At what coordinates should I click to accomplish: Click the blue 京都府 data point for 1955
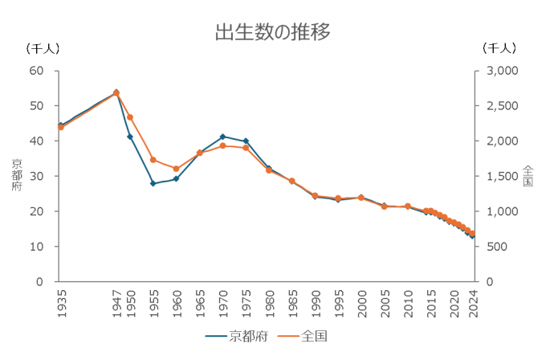(x=153, y=183)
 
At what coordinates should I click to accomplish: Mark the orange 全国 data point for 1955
(x=153, y=160)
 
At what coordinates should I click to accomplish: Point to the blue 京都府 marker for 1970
(x=222, y=137)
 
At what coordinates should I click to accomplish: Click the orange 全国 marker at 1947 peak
(x=116, y=93)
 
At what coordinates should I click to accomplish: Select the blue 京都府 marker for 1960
(x=176, y=178)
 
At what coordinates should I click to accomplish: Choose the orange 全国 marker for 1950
(x=130, y=117)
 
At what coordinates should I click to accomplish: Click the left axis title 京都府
(x=17, y=175)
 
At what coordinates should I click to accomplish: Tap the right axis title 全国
(x=528, y=175)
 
